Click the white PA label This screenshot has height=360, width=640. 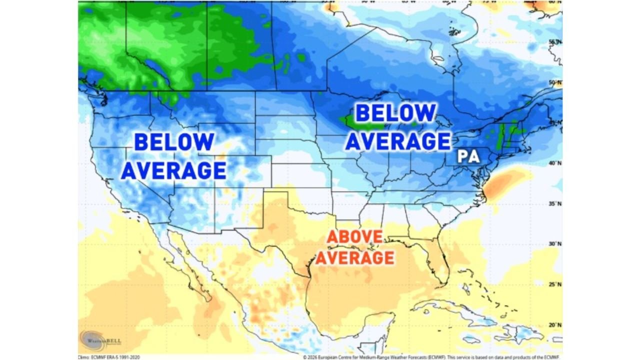(469, 157)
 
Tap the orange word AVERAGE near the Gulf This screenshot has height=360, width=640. (354, 257)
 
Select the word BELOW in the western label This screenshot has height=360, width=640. (174, 142)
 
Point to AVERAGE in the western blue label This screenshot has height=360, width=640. (174, 171)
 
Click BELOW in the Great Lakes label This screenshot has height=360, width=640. (395, 113)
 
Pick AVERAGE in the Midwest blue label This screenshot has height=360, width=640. (398, 141)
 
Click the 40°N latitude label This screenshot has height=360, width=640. (555, 163)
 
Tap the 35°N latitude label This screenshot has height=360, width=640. (555, 203)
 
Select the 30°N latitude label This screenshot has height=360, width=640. (555, 243)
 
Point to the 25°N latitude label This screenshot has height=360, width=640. (555, 284)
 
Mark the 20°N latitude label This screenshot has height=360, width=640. (555, 325)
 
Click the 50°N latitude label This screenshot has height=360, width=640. (555, 82)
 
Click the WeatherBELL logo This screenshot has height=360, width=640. (100, 341)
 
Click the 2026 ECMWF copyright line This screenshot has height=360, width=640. (432, 357)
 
